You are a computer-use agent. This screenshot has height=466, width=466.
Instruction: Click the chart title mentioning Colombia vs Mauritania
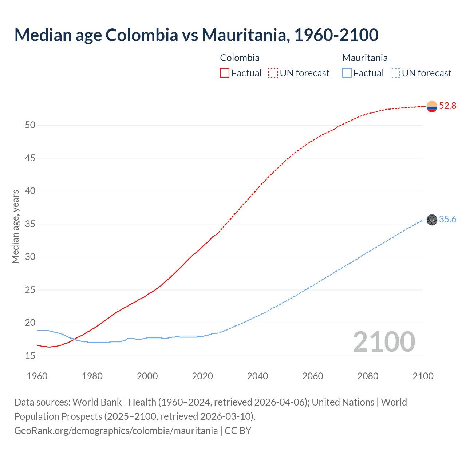(x=196, y=35)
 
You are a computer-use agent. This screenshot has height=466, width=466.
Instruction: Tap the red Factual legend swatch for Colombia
(x=225, y=73)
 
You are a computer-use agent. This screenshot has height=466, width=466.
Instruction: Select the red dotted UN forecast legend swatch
(x=273, y=73)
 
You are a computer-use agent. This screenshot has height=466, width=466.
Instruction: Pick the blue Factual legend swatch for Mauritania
(x=347, y=73)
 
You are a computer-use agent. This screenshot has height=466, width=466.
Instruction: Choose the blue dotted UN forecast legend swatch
(x=395, y=73)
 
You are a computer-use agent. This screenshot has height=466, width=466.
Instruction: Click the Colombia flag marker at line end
(x=432, y=106)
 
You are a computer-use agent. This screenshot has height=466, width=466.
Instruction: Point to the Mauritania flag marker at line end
(x=432, y=220)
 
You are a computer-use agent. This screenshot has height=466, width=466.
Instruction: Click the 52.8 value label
(x=447, y=106)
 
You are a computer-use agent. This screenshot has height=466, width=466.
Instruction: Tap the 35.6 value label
(x=447, y=220)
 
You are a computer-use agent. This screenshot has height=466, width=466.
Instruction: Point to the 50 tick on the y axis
(x=30, y=125)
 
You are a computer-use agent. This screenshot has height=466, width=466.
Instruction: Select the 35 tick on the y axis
(x=30, y=224)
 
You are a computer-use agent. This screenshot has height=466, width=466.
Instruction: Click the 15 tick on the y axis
(x=30, y=356)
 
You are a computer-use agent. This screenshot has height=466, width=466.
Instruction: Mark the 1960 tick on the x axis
(x=37, y=376)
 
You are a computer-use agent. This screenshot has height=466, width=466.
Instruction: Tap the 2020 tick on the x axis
(x=202, y=376)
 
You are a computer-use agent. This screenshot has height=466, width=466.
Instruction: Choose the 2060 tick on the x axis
(x=313, y=376)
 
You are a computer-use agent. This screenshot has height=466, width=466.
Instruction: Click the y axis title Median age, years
(x=15, y=226)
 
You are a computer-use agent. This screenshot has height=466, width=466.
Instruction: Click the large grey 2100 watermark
(x=384, y=342)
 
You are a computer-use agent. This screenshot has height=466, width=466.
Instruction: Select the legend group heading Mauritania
(x=365, y=58)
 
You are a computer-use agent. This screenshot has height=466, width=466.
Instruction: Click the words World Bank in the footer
(x=97, y=402)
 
